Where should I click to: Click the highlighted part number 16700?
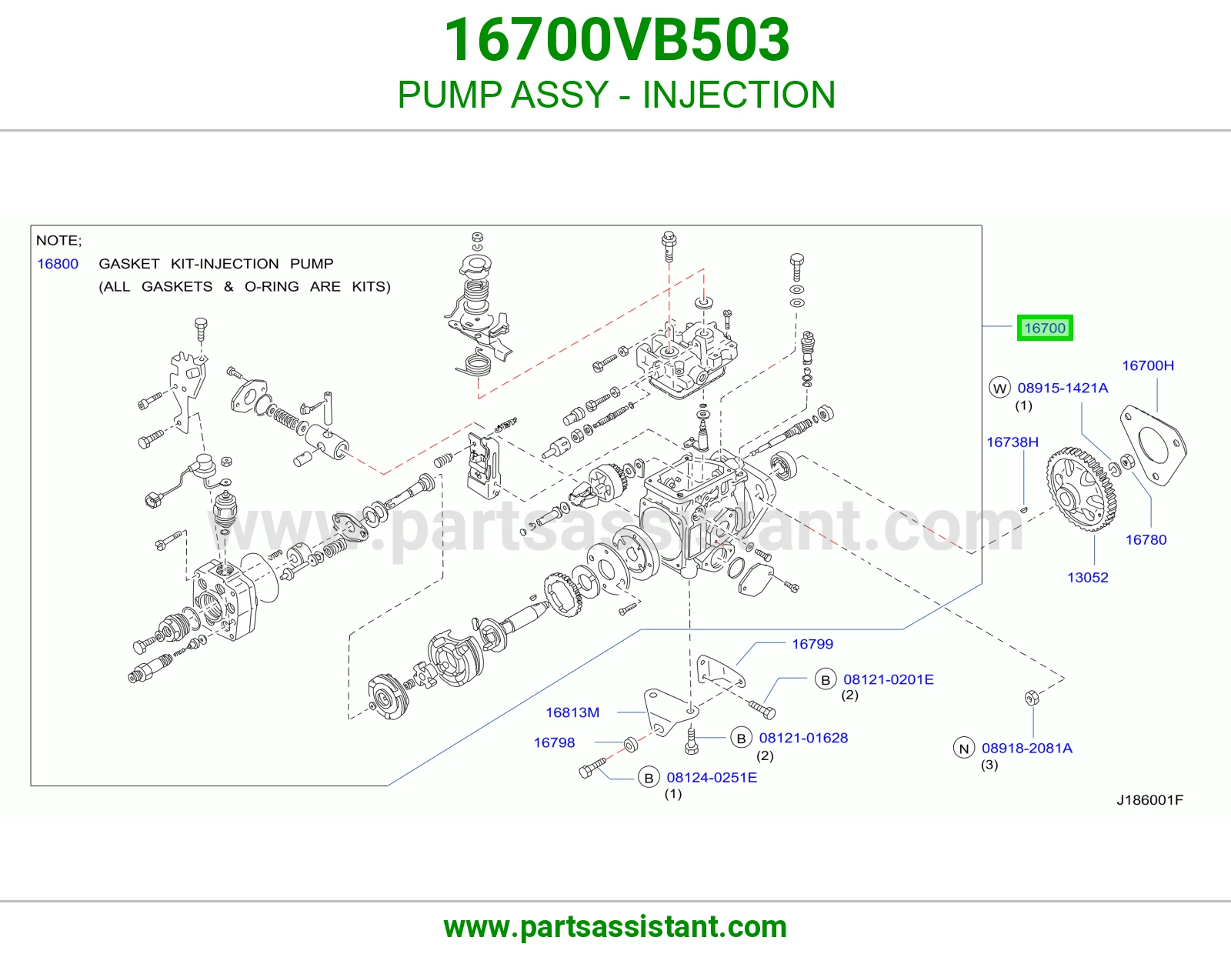tap(1045, 328)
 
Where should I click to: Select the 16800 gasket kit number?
tap(58, 264)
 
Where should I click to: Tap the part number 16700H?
tap(1148, 366)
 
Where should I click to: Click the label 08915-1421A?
tap(1063, 388)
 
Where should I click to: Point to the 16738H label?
tap(1012, 442)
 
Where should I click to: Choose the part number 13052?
tap(1088, 578)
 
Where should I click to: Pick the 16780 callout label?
tap(1146, 540)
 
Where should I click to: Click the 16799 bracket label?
tap(812, 644)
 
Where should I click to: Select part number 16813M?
tap(572, 712)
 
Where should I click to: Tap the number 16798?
tap(554, 742)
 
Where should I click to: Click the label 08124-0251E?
tap(712, 778)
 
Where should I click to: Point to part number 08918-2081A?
tap(1027, 749)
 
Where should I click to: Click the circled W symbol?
tap(1000, 388)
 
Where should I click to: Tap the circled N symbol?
tap(964, 749)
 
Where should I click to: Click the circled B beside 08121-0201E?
tap(826, 680)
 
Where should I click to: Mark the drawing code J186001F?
tap(1150, 800)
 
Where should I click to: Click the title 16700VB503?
tap(616, 40)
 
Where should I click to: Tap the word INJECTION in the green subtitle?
tap(739, 95)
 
